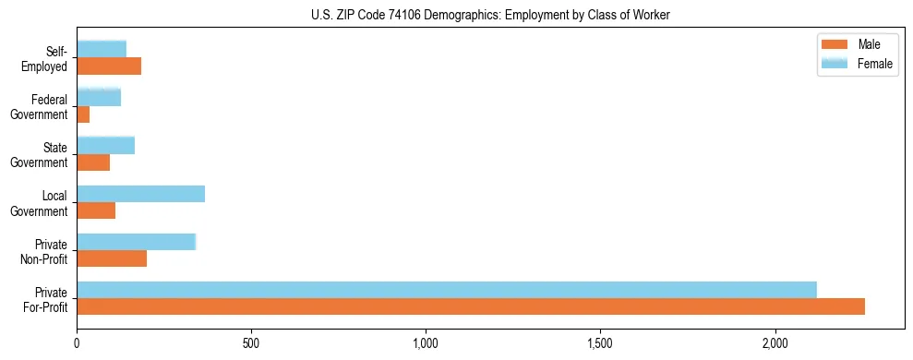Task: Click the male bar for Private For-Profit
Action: tap(471, 306)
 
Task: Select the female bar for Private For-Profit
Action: tap(447, 290)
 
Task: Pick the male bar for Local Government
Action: tap(96, 210)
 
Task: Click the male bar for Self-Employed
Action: tap(109, 66)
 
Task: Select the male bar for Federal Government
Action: tap(83, 114)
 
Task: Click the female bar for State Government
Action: tap(105, 146)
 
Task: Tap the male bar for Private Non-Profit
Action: tap(112, 258)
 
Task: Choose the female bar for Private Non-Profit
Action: tap(136, 242)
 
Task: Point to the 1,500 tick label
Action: tap(600, 344)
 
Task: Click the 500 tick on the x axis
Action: tap(251, 344)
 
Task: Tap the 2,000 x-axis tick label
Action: tap(775, 344)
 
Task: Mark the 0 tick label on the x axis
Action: tap(77, 344)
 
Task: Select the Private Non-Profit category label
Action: tap(45, 251)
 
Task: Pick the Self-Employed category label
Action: tap(45, 59)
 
